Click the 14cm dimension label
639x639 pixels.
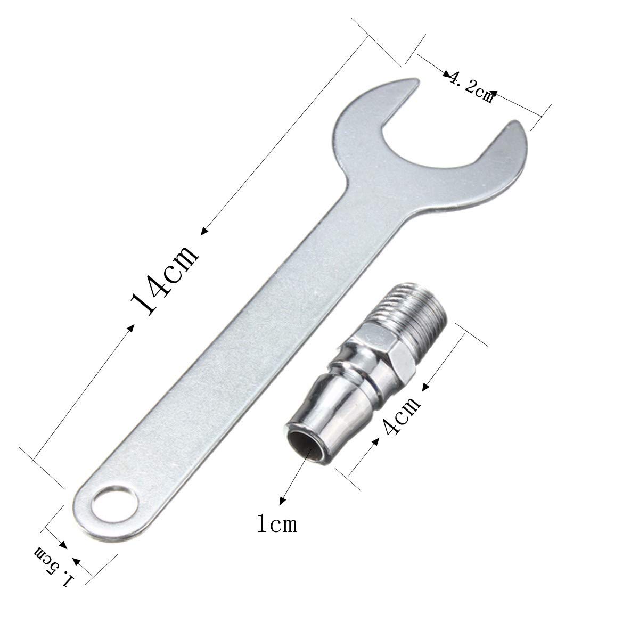coord(165,281)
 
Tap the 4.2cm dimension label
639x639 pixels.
coord(471,88)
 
